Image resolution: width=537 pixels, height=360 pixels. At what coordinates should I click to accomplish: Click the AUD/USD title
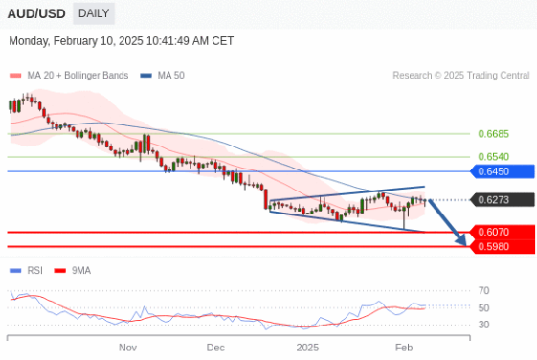[x=35, y=13]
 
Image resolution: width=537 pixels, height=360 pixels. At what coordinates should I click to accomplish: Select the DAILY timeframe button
[x=93, y=13]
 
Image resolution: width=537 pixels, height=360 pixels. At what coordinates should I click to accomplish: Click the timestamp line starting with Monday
[x=121, y=41]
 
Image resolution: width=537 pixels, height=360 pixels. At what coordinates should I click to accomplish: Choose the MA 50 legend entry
[x=171, y=76]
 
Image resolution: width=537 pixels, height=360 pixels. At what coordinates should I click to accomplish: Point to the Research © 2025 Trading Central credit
[x=460, y=76]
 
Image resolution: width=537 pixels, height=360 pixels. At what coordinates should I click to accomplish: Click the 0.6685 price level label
[x=492, y=134]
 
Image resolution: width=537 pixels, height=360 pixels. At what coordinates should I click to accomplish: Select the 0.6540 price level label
[x=492, y=156]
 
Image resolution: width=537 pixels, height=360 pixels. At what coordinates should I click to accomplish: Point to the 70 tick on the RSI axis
[x=484, y=290]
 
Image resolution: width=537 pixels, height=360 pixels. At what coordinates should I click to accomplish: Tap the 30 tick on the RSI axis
[x=484, y=325]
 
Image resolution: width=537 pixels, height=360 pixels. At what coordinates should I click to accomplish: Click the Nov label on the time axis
[x=128, y=347]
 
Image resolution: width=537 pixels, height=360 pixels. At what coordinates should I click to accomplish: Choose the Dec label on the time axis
[x=215, y=347]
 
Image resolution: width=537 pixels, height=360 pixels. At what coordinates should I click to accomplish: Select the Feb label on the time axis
[x=404, y=347]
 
